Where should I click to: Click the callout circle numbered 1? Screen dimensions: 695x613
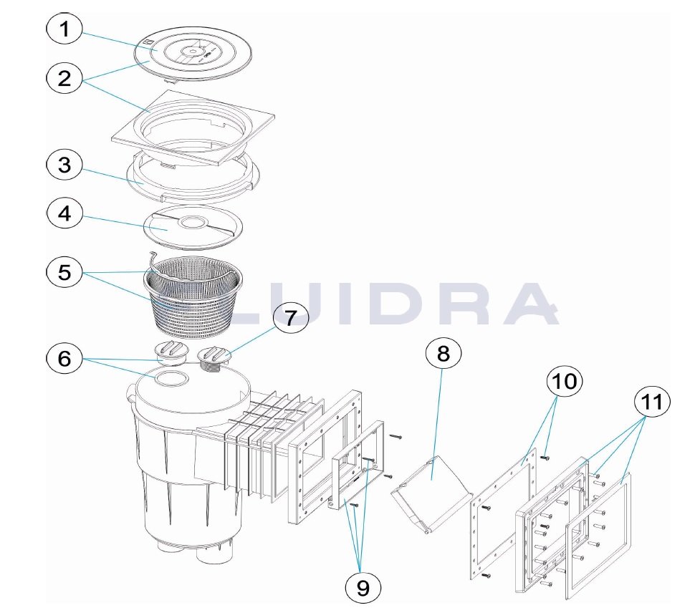tap(64, 29)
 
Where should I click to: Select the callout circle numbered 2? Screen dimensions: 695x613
tap(64, 79)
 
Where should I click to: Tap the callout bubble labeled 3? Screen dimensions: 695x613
tap(64, 165)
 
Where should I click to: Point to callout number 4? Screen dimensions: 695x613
tap(64, 213)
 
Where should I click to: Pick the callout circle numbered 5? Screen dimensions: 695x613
tap(64, 272)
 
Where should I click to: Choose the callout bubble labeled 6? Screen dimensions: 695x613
tap(64, 358)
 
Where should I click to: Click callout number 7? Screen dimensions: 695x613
tap(290, 318)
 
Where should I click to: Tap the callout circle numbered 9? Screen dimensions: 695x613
tap(363, 588)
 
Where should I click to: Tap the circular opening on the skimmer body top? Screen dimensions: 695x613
tap(171, 379)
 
